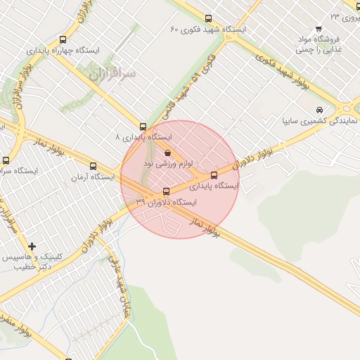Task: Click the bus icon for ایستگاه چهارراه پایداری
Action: tap(64, 40)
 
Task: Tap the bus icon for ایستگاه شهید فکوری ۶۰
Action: tap(208, 19)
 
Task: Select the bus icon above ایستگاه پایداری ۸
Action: tap(143, 127)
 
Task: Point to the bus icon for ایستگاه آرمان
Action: tap(94, 167)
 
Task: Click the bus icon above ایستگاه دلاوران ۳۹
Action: tap(167, 191)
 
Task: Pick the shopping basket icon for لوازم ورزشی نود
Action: tap(167, 153)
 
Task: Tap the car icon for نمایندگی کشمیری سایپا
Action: tap(320, 110)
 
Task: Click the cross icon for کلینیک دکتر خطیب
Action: tap(32, 246)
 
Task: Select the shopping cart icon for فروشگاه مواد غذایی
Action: tap(319, 29)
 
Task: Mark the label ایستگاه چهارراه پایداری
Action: tap(64, 51)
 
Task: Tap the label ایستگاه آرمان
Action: tap(92, 177)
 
